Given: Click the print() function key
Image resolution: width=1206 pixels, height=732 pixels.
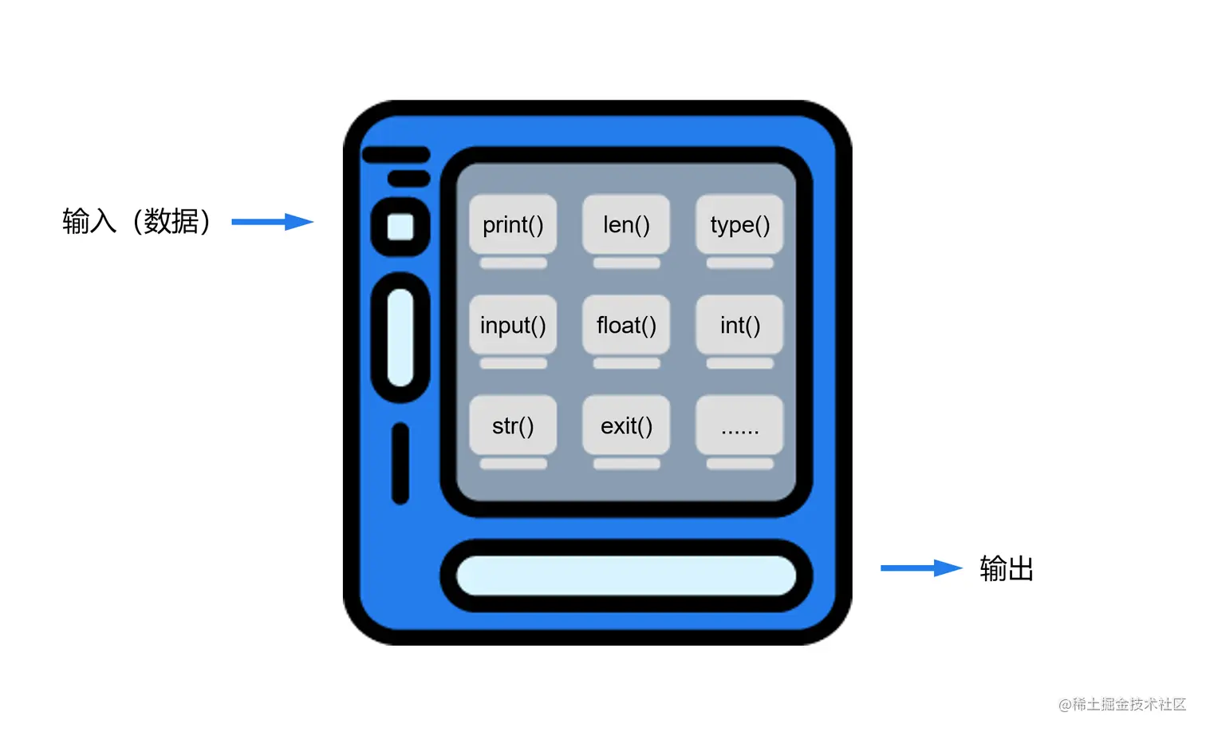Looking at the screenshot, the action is tap(513, 224).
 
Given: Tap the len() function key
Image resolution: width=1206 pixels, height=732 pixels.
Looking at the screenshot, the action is tap(626, 224).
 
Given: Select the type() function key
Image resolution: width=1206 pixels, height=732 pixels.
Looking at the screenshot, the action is tap(739, 224).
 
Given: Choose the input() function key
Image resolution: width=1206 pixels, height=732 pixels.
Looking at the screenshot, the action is tap(513, 325).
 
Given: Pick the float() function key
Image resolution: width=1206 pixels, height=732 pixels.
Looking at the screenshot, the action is tap(626, 325).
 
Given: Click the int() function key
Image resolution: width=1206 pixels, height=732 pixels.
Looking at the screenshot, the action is tap(739, 325).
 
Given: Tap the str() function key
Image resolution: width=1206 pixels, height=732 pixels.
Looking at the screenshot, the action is tap(513, 425).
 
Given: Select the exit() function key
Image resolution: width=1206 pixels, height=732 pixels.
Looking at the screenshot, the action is tap(626, 425).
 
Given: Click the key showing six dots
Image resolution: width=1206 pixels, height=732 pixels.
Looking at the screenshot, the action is tap(739, 427).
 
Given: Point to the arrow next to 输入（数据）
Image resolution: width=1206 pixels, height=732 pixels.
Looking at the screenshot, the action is tap(272, 222).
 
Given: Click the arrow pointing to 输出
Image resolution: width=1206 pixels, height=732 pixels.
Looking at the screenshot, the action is tap(920, 568).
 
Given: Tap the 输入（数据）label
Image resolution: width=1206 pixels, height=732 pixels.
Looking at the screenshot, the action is tap(136, 221).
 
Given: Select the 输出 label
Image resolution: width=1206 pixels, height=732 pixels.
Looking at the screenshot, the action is tap(1007, 569).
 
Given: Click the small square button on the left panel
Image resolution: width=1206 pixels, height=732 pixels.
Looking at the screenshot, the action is tap(400, 227).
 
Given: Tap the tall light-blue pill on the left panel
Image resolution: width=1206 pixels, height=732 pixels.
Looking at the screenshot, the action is tap(400, 337).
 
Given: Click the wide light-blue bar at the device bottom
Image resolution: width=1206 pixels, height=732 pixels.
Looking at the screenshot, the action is tap(626, 576).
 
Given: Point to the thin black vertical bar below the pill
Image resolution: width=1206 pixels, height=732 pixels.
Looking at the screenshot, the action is tap(400, 464).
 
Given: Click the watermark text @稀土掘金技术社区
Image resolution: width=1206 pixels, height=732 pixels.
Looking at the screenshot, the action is tap(1121, 704).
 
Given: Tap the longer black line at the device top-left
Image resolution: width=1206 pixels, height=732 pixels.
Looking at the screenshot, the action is tap(396, 155).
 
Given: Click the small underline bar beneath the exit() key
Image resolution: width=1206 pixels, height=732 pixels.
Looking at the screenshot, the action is tap(626, 464).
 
